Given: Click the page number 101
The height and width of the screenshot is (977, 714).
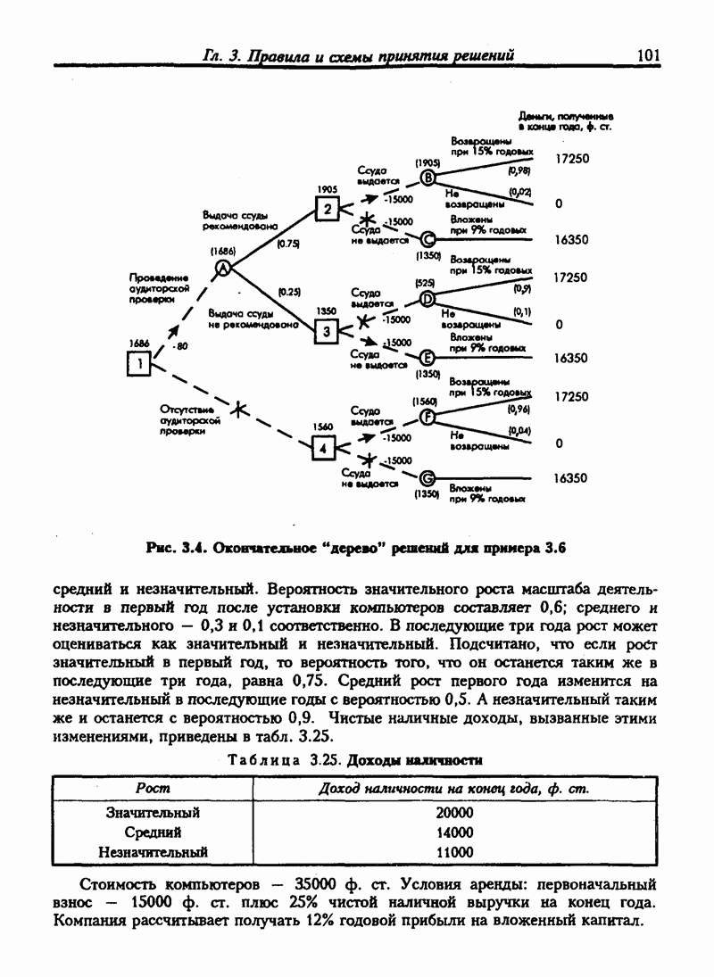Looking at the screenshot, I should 647,55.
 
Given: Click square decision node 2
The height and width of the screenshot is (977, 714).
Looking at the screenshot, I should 327,210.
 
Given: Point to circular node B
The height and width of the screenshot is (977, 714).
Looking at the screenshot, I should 428,178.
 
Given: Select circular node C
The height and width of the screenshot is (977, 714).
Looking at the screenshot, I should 427,239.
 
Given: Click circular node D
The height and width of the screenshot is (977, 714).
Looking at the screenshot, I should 427,299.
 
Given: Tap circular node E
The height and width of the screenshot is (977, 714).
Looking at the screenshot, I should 427,358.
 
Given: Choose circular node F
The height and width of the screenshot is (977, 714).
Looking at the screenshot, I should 427,418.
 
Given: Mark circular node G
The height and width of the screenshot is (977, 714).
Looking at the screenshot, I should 427,478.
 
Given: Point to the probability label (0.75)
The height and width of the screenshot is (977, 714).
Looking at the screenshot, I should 288,243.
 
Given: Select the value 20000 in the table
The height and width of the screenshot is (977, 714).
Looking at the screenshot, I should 454,812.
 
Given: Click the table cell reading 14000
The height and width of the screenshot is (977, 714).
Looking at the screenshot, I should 454,832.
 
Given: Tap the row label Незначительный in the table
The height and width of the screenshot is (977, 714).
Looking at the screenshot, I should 153,851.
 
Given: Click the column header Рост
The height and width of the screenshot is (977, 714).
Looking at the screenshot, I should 153,789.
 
